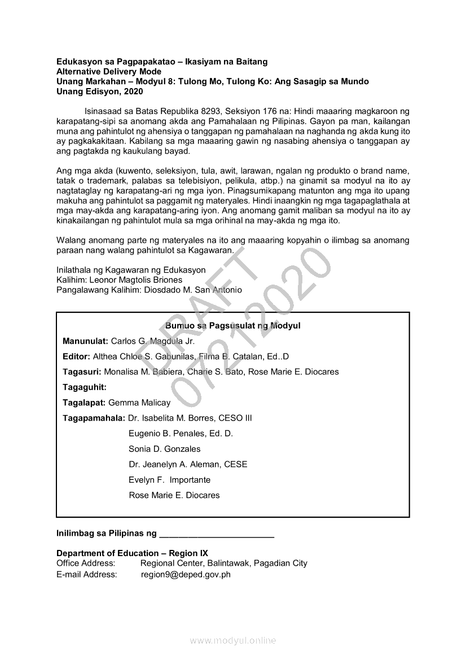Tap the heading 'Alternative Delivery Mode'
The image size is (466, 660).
coord(109,72)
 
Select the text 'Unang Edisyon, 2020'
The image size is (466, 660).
coord(100,91)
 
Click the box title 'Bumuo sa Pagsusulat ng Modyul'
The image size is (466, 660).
coord(233,326)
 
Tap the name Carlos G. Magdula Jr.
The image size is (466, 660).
coord(152,342)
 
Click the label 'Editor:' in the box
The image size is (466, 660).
coord(76,357)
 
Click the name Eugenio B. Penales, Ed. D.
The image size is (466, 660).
coord(181,434)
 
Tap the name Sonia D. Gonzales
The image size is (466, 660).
coord(165,449)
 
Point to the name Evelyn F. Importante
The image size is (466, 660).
coord(170,480)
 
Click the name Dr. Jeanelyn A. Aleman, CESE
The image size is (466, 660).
coord(188,465)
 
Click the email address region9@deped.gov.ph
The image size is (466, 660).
coord(186,575)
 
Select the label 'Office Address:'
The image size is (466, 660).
coord(86,563)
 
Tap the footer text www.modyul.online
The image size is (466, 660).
coord(233,641)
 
